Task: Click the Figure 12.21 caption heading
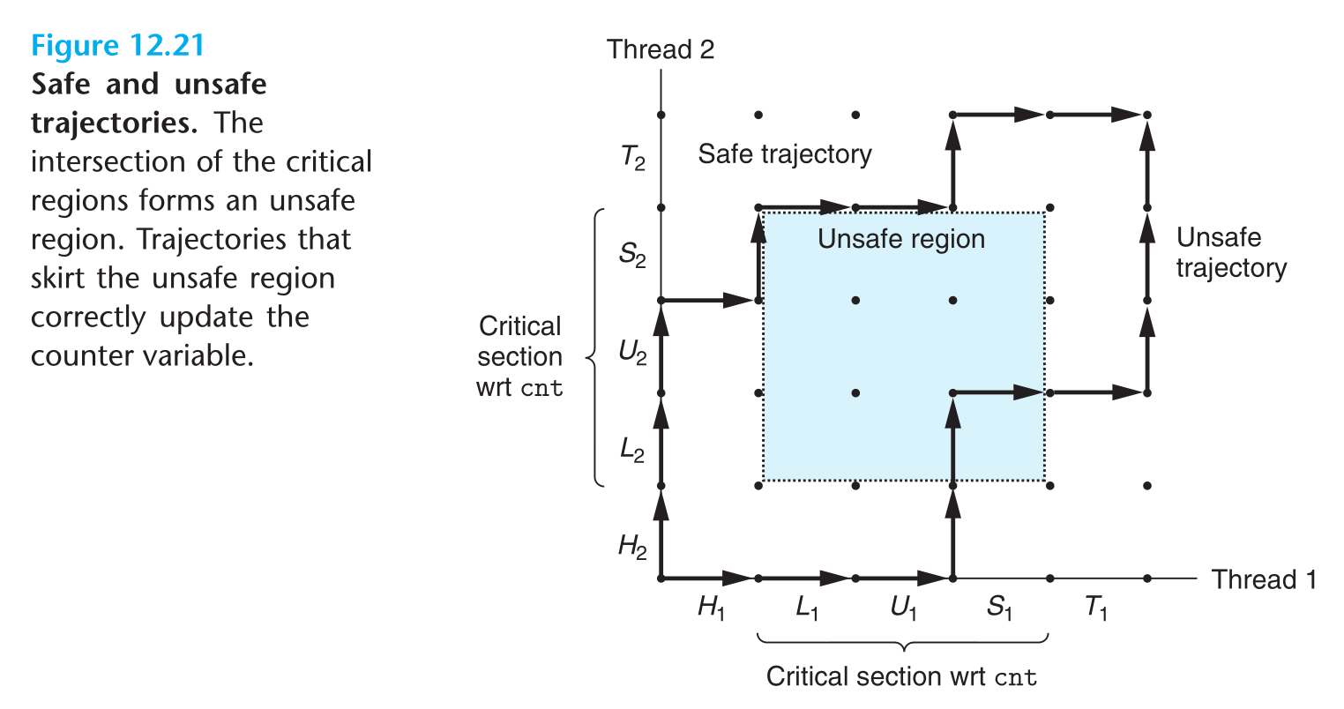pyautogui.click(x=117, y=45)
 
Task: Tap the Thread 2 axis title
pyautogui.click(x=661, y=49)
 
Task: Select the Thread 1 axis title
pyautogui.click(x=1263, y=579)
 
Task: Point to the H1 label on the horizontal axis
pyautogui.click(x=711, y=607)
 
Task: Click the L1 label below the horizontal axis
pyautogui.click(x=807, y=607)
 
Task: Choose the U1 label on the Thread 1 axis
pyautogui.click(x=904, y=607)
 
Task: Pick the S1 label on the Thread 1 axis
pyautogui.click(x=1000, y=607)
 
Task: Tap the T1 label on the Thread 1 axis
pyautogui.click(x=1096, y=607)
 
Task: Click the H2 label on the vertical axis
pyautogui.click(x=632, y=547)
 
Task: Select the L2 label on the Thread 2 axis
pyautogui.click(x=632, y=450)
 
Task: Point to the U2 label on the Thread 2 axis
pyautogui.click(x=632, y=353)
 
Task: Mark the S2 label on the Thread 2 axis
pyautogui.click(x=632, y=256)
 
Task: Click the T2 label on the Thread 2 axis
pyautogui.click(x=632, y=159)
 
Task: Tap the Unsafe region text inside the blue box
pyautogui.click(x=901, y=239)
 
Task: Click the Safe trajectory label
pyautogui.click(x=785, y=154)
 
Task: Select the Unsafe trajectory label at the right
pyautogui.click(x=1231, y=252)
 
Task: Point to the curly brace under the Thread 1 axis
pyautogui.click(x=902, y=640)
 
